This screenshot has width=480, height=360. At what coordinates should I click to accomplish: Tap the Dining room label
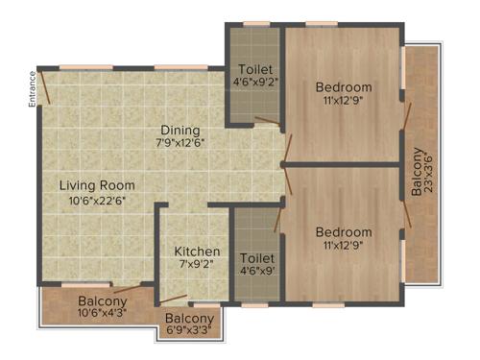180,130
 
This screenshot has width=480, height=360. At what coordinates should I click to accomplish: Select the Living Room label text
95,184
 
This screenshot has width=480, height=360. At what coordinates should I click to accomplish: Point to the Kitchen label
197,252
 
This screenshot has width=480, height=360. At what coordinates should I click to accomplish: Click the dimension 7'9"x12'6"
180,143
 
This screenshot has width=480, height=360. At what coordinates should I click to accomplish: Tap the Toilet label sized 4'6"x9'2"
255,70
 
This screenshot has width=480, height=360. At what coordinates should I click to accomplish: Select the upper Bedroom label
344,88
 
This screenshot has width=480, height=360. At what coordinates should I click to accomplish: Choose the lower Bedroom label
344,232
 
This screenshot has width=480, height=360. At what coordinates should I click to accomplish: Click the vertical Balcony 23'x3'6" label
418,171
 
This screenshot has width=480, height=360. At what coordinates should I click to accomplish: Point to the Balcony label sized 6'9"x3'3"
188,319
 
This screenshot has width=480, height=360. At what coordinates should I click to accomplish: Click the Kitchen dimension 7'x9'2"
197,266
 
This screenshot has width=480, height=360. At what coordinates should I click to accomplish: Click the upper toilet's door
268,121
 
